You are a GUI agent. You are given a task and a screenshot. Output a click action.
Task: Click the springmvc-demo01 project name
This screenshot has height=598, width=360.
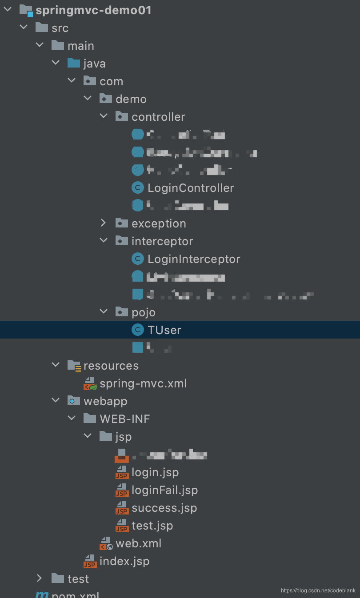click(93, 10)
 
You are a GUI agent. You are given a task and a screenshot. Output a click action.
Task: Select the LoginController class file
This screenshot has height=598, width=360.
click(190, 188)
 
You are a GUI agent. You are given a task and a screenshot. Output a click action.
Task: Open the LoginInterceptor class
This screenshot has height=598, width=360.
click(193, 259)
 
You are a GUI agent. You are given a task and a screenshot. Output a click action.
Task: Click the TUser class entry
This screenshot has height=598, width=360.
click(164, 330)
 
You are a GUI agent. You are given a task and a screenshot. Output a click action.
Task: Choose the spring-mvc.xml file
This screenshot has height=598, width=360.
click(143, 383)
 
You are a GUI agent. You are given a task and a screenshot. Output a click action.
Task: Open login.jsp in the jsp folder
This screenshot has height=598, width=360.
click(155, 472)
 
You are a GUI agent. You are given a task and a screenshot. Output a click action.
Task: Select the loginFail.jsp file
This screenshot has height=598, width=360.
click(164, 490)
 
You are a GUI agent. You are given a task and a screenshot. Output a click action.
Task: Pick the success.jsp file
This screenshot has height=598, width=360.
click(164, 508)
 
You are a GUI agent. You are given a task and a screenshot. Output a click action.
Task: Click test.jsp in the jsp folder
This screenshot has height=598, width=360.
click(152, 526)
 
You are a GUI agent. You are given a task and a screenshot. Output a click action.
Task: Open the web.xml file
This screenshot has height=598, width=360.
click(138, 543)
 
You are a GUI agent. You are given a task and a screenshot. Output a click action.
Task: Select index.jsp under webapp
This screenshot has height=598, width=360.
click(124, 561)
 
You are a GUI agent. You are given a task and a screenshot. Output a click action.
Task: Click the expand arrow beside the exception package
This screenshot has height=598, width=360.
click(104, 223)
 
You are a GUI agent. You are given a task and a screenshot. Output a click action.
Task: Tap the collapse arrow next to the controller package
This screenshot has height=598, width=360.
click(104, 116)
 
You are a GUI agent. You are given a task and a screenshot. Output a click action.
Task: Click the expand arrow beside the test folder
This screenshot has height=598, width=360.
click(40, 578)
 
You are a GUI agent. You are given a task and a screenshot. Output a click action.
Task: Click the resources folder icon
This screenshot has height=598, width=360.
click(74, 366)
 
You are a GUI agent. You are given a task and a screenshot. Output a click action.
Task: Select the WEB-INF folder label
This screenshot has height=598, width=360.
click(124, 419)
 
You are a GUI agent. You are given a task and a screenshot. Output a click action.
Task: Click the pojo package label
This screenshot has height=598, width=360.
click(143, 312)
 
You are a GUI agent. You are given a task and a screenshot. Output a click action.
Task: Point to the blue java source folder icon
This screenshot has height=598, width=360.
click(74, 63)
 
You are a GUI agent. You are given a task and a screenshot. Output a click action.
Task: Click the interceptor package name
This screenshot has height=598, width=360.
click(162, 241)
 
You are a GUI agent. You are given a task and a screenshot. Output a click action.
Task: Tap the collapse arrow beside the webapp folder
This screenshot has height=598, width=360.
click(56, 401)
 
